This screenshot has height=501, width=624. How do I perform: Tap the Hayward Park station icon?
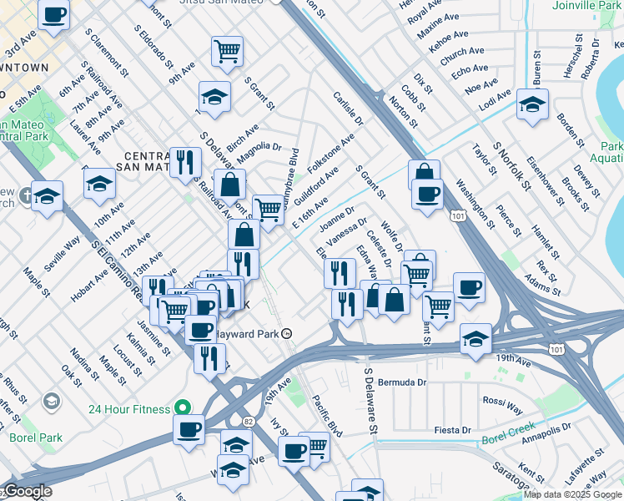(x=287, y=332)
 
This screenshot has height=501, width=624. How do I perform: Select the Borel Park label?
(x=36, y=437)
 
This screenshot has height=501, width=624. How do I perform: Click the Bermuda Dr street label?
(x=402, y=382)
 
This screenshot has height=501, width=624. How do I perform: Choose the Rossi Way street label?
(x=503, y=402)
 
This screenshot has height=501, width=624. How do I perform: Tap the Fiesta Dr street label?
(x=453, y=430)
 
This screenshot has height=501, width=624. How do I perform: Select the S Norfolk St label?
(x=511, y=166)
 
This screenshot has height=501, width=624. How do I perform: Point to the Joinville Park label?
(x=586, y=5)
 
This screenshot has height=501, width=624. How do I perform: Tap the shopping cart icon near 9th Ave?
(x=227, y=52)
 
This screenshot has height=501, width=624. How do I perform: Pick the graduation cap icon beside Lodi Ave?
(x=531, y=105)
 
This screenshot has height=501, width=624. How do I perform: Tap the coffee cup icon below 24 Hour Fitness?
(x=189, y=429)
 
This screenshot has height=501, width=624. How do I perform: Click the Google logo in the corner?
(x=27, y=491)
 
